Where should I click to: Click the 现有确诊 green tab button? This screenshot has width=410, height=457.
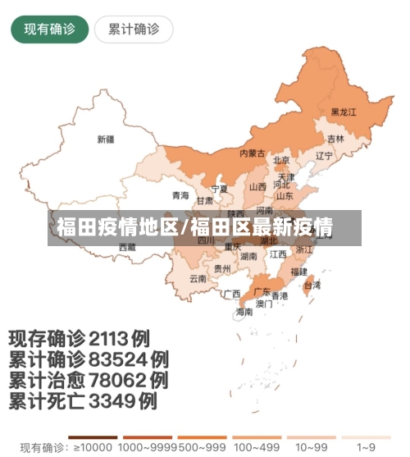pyautogui.click(x=49, y=30)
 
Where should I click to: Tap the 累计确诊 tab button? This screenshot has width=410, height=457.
pyautogui.click(x=134, y=30)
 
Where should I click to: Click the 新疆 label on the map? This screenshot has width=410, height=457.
pyautogui.click(x=106, y=139)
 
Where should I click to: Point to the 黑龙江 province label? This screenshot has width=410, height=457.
pyautogui.click(x=344, y=111)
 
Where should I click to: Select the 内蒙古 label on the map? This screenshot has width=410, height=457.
pyautogui.click(x=252, y=153)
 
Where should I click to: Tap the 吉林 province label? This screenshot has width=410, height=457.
pyautogui.click(x=335, y=139)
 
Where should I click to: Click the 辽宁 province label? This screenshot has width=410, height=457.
pyautogui.click(x=324, y=155)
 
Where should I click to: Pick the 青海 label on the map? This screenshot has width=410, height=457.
pyautogui.click(x=180, y=195)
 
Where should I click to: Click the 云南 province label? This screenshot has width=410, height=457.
pyautogui.click(x=198, y=278)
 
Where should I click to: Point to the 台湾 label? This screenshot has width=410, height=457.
pyautogui.click(x=312, y=286)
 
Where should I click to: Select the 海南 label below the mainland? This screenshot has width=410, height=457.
pyautogui.click(x=244, y=312)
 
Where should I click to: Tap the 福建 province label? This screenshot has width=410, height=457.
pyautogui.click(x=298, y=271)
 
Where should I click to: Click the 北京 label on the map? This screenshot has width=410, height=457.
pyautogui.click(x=281, y=160)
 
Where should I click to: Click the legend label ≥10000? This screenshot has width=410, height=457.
pyautogui.click(x=92, y=447)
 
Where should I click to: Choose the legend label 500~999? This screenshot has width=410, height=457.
pyautogui.click(x=200, y=447)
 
